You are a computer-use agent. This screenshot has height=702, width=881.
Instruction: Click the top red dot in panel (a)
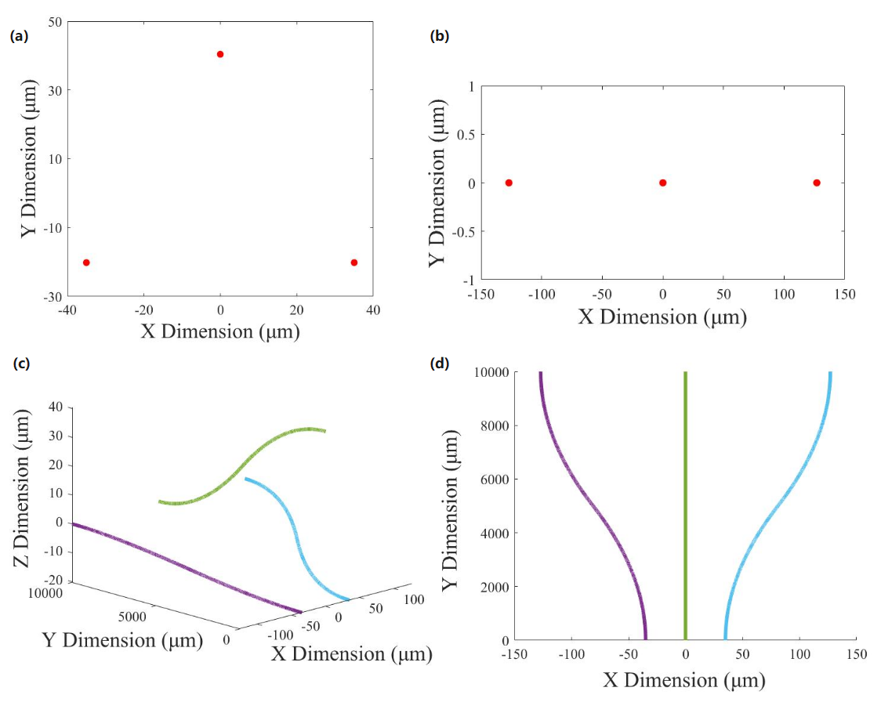coord(220,54)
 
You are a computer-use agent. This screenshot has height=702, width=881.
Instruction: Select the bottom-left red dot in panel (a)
coord(86,262)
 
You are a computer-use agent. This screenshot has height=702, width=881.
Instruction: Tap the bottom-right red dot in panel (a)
coord(354,262)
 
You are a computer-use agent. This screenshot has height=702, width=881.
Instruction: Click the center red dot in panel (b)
coord(663,183)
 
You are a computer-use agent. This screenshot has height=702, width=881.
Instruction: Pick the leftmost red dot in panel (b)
coord(509,183)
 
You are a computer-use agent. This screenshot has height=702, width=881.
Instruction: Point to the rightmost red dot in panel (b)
coord(817,183)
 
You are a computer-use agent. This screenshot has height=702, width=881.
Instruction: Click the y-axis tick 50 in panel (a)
coord(56,22)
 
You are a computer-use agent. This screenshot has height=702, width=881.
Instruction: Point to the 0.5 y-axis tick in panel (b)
coord(464,134)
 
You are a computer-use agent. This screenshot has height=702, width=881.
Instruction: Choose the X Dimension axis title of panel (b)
coord(662,317)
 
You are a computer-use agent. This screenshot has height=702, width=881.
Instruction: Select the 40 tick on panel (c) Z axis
coord(55,407)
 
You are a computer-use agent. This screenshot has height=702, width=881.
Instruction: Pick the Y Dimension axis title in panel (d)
coord(450,505)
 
